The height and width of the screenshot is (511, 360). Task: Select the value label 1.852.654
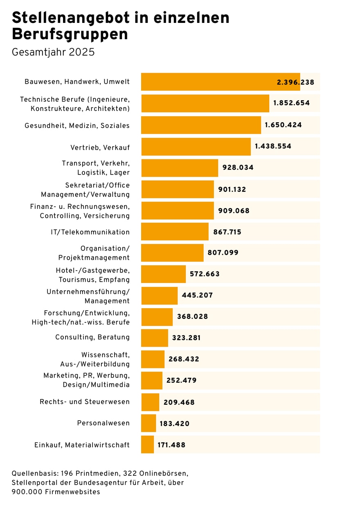[291, 103]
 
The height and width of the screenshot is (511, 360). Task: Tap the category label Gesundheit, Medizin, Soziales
[77, 126]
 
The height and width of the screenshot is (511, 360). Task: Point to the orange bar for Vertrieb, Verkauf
[196, 146]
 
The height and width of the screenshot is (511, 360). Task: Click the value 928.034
[238, 168]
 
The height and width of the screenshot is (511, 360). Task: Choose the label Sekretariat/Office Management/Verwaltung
[85, 190]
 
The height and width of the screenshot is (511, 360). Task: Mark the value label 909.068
[234, 211]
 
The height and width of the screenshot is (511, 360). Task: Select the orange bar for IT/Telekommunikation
[175, 232]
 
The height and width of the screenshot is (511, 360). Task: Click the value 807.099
[223, 253]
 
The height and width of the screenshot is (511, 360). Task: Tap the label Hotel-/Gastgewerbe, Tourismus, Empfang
[92, 275]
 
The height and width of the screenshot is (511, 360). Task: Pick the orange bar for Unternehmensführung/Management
[159, 296]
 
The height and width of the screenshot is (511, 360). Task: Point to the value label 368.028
[192, 317]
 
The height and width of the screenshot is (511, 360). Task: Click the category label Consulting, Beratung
[92, 337]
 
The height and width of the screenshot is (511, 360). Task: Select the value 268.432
[184, 359]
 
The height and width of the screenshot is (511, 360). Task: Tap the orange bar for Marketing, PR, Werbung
[151, 381]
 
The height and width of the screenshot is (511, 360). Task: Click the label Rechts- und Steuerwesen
[85, 402]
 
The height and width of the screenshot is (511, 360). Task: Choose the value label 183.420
[174, 424]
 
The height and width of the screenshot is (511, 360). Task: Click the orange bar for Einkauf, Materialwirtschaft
[147, 445]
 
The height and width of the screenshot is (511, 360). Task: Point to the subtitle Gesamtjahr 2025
[53, 52]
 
